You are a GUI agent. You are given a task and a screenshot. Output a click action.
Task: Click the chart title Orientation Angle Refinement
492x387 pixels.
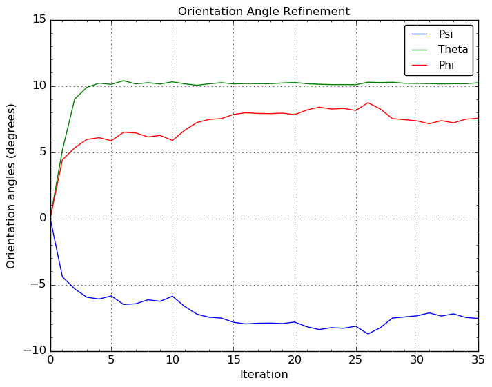point(264,12)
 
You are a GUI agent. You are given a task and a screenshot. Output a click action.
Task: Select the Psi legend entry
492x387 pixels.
point(446,34)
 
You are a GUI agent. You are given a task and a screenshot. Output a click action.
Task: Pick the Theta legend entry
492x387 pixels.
point(453,50)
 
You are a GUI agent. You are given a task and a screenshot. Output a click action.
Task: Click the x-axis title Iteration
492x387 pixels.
point(264,375)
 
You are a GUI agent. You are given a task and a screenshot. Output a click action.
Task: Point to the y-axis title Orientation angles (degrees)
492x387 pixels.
point(12,186)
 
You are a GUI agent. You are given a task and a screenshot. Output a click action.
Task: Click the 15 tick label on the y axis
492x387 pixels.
point(38,20)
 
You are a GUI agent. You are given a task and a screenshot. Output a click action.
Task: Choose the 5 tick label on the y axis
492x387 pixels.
point(41,152)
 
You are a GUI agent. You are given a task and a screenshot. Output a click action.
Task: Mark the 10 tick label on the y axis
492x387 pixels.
point(38,86)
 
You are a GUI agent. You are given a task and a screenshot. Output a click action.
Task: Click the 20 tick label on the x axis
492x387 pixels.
point(295,360)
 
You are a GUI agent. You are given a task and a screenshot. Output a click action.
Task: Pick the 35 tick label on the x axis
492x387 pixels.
point(478,360)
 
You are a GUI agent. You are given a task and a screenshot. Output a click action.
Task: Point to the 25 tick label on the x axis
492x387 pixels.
point(355,360)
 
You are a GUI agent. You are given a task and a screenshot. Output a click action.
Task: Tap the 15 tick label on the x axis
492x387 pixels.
point(233,360)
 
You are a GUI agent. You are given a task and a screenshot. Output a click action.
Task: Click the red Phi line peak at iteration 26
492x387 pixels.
point(368,103)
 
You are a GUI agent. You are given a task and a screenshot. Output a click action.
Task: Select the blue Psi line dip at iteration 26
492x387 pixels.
point(368,334)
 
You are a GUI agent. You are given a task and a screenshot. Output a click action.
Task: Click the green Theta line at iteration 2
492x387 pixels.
point(75,99)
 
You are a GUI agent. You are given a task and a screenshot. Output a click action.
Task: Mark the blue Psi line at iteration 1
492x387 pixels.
point(63,277)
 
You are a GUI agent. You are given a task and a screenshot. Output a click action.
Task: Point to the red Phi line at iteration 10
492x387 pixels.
point(173,141)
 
